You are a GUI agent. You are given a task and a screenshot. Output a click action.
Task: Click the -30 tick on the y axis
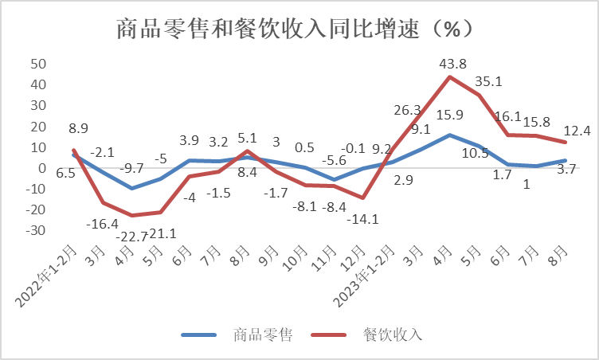(37, 230)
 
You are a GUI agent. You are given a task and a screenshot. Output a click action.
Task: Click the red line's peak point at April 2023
(450, 76)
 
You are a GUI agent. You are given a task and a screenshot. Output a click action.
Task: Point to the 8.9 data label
(78, 127)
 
